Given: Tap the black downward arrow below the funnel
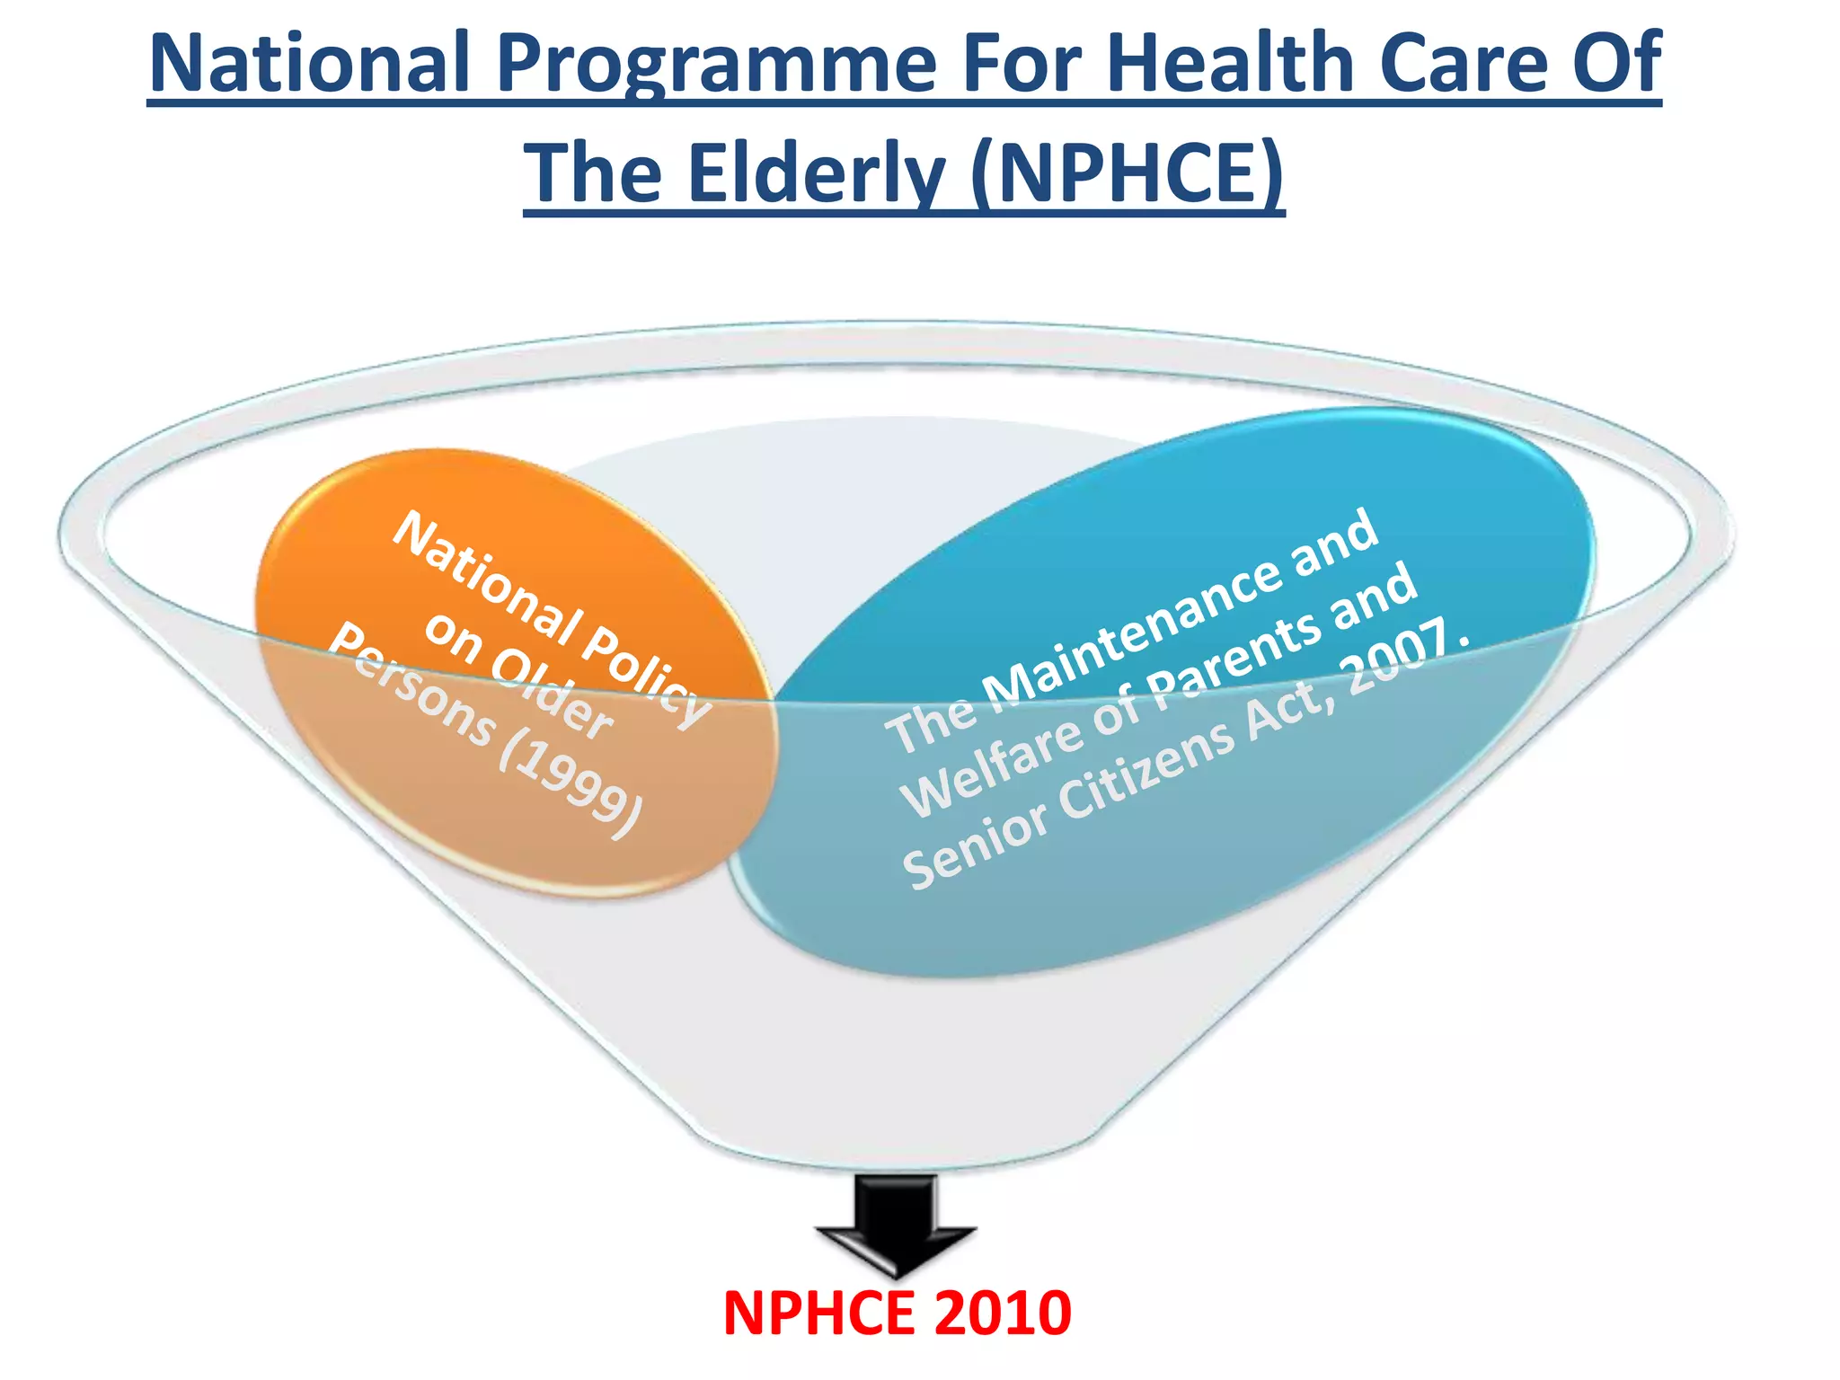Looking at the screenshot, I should pyautogui.click(x=896, y=1226).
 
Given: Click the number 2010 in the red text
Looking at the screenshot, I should pyautogui.click(x=1003, y=1314).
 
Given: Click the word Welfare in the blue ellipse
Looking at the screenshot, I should pyautogui.click(x=992, y=764).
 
